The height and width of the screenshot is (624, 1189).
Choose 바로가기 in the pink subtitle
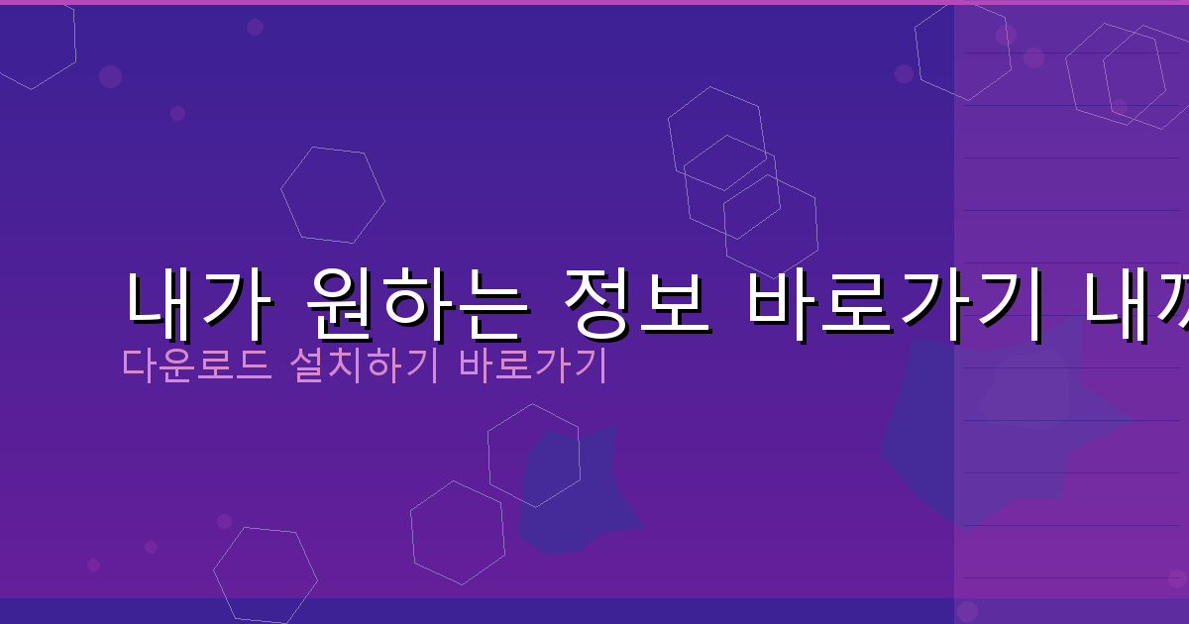click(533, 364)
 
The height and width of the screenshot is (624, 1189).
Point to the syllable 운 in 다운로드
click(182, 364)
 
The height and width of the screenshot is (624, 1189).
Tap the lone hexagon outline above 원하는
click(333, 195)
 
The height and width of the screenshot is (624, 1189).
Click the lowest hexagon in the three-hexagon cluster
click(771, 226)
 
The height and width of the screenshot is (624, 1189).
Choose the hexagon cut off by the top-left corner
click(35, 45)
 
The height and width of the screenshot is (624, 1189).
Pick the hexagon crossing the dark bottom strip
click(265, 576)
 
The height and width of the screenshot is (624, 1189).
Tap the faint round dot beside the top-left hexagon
click(110, 76)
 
